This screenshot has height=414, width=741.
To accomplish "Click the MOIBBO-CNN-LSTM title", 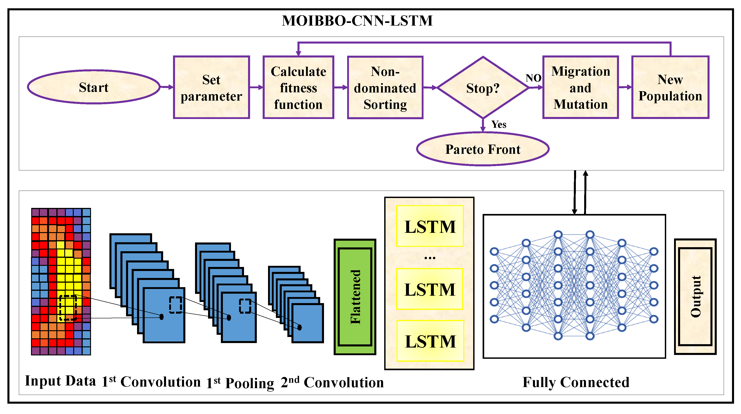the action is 357,21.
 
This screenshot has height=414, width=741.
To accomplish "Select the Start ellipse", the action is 93,87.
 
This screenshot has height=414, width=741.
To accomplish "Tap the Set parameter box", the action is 211,87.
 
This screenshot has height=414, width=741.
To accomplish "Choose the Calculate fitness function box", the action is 298,87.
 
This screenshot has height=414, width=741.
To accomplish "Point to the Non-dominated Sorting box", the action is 385,87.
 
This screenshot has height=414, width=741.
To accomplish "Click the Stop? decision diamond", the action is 483,87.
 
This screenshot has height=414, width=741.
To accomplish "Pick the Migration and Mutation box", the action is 581,87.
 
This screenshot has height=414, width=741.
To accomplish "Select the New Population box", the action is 670,87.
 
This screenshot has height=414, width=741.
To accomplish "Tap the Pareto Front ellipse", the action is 483,149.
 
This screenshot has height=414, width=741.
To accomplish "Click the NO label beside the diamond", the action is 533,78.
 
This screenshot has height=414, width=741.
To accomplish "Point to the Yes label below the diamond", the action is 499,124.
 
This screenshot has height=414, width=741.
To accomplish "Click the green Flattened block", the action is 355,297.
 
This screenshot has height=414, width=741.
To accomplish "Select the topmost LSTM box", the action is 430,226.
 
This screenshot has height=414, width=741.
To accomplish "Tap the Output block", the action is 695,296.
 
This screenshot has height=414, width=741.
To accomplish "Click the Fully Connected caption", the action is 576,382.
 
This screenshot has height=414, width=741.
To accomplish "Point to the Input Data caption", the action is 60,381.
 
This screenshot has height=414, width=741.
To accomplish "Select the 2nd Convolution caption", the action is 332,382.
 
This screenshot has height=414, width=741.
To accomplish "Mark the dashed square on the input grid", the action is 68,308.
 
